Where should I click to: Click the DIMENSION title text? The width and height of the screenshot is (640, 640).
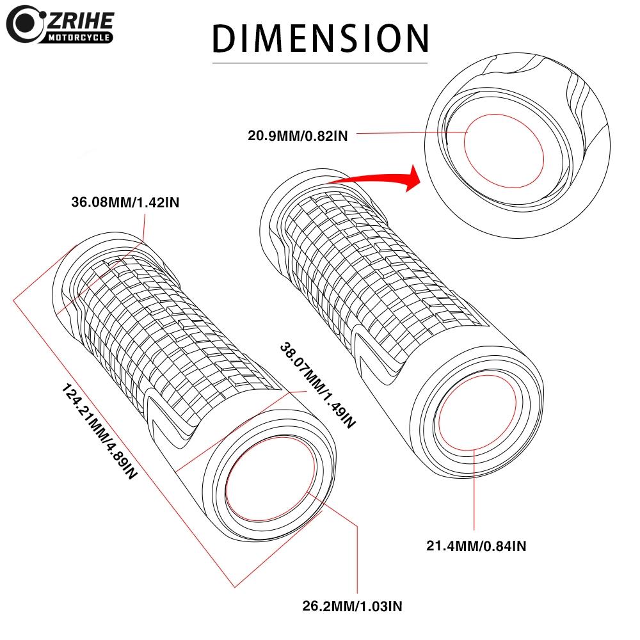(x=320, y=38)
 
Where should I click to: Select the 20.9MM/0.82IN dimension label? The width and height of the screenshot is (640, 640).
(x=298, y=134)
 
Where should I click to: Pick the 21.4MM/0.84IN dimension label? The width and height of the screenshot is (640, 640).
(x=476, y=546)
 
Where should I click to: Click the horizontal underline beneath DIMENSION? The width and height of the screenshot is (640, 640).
(x=320, y=63)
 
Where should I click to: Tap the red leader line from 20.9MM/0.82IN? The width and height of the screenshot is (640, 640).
(x=410, y=134)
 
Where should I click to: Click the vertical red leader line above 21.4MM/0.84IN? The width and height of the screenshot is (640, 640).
(x=474, y=493)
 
